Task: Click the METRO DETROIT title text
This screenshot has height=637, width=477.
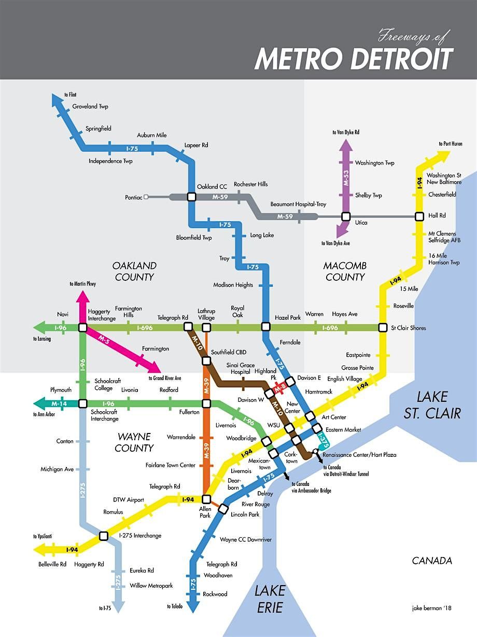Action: pos(354,59)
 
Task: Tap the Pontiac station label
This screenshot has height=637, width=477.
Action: pos(133,197)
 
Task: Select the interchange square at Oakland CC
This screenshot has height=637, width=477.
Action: pos(191,197)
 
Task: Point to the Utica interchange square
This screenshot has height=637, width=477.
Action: pos(346,216)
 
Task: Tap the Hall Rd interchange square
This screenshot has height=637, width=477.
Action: pos(419,216)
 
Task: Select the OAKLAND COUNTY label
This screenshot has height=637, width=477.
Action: pos(134,271)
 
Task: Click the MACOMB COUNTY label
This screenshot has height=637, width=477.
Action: pos(345,271)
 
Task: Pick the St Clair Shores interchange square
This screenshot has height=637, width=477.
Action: pos(383,328)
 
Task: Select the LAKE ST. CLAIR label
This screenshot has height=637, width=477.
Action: pos(432,405)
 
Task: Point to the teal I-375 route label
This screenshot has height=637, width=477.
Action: pos(323,440)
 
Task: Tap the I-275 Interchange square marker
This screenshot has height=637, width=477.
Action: pos(103,536)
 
